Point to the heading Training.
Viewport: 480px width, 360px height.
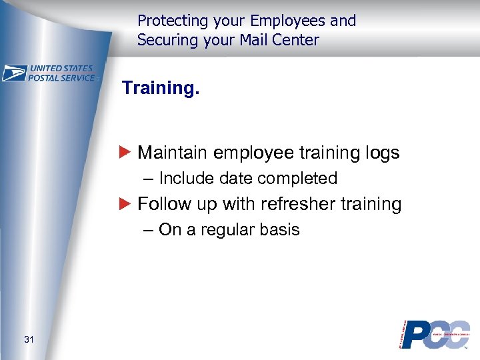click(160, 88)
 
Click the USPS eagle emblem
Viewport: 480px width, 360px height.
click(14, 73)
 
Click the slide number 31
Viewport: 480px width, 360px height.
click(29, 340)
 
